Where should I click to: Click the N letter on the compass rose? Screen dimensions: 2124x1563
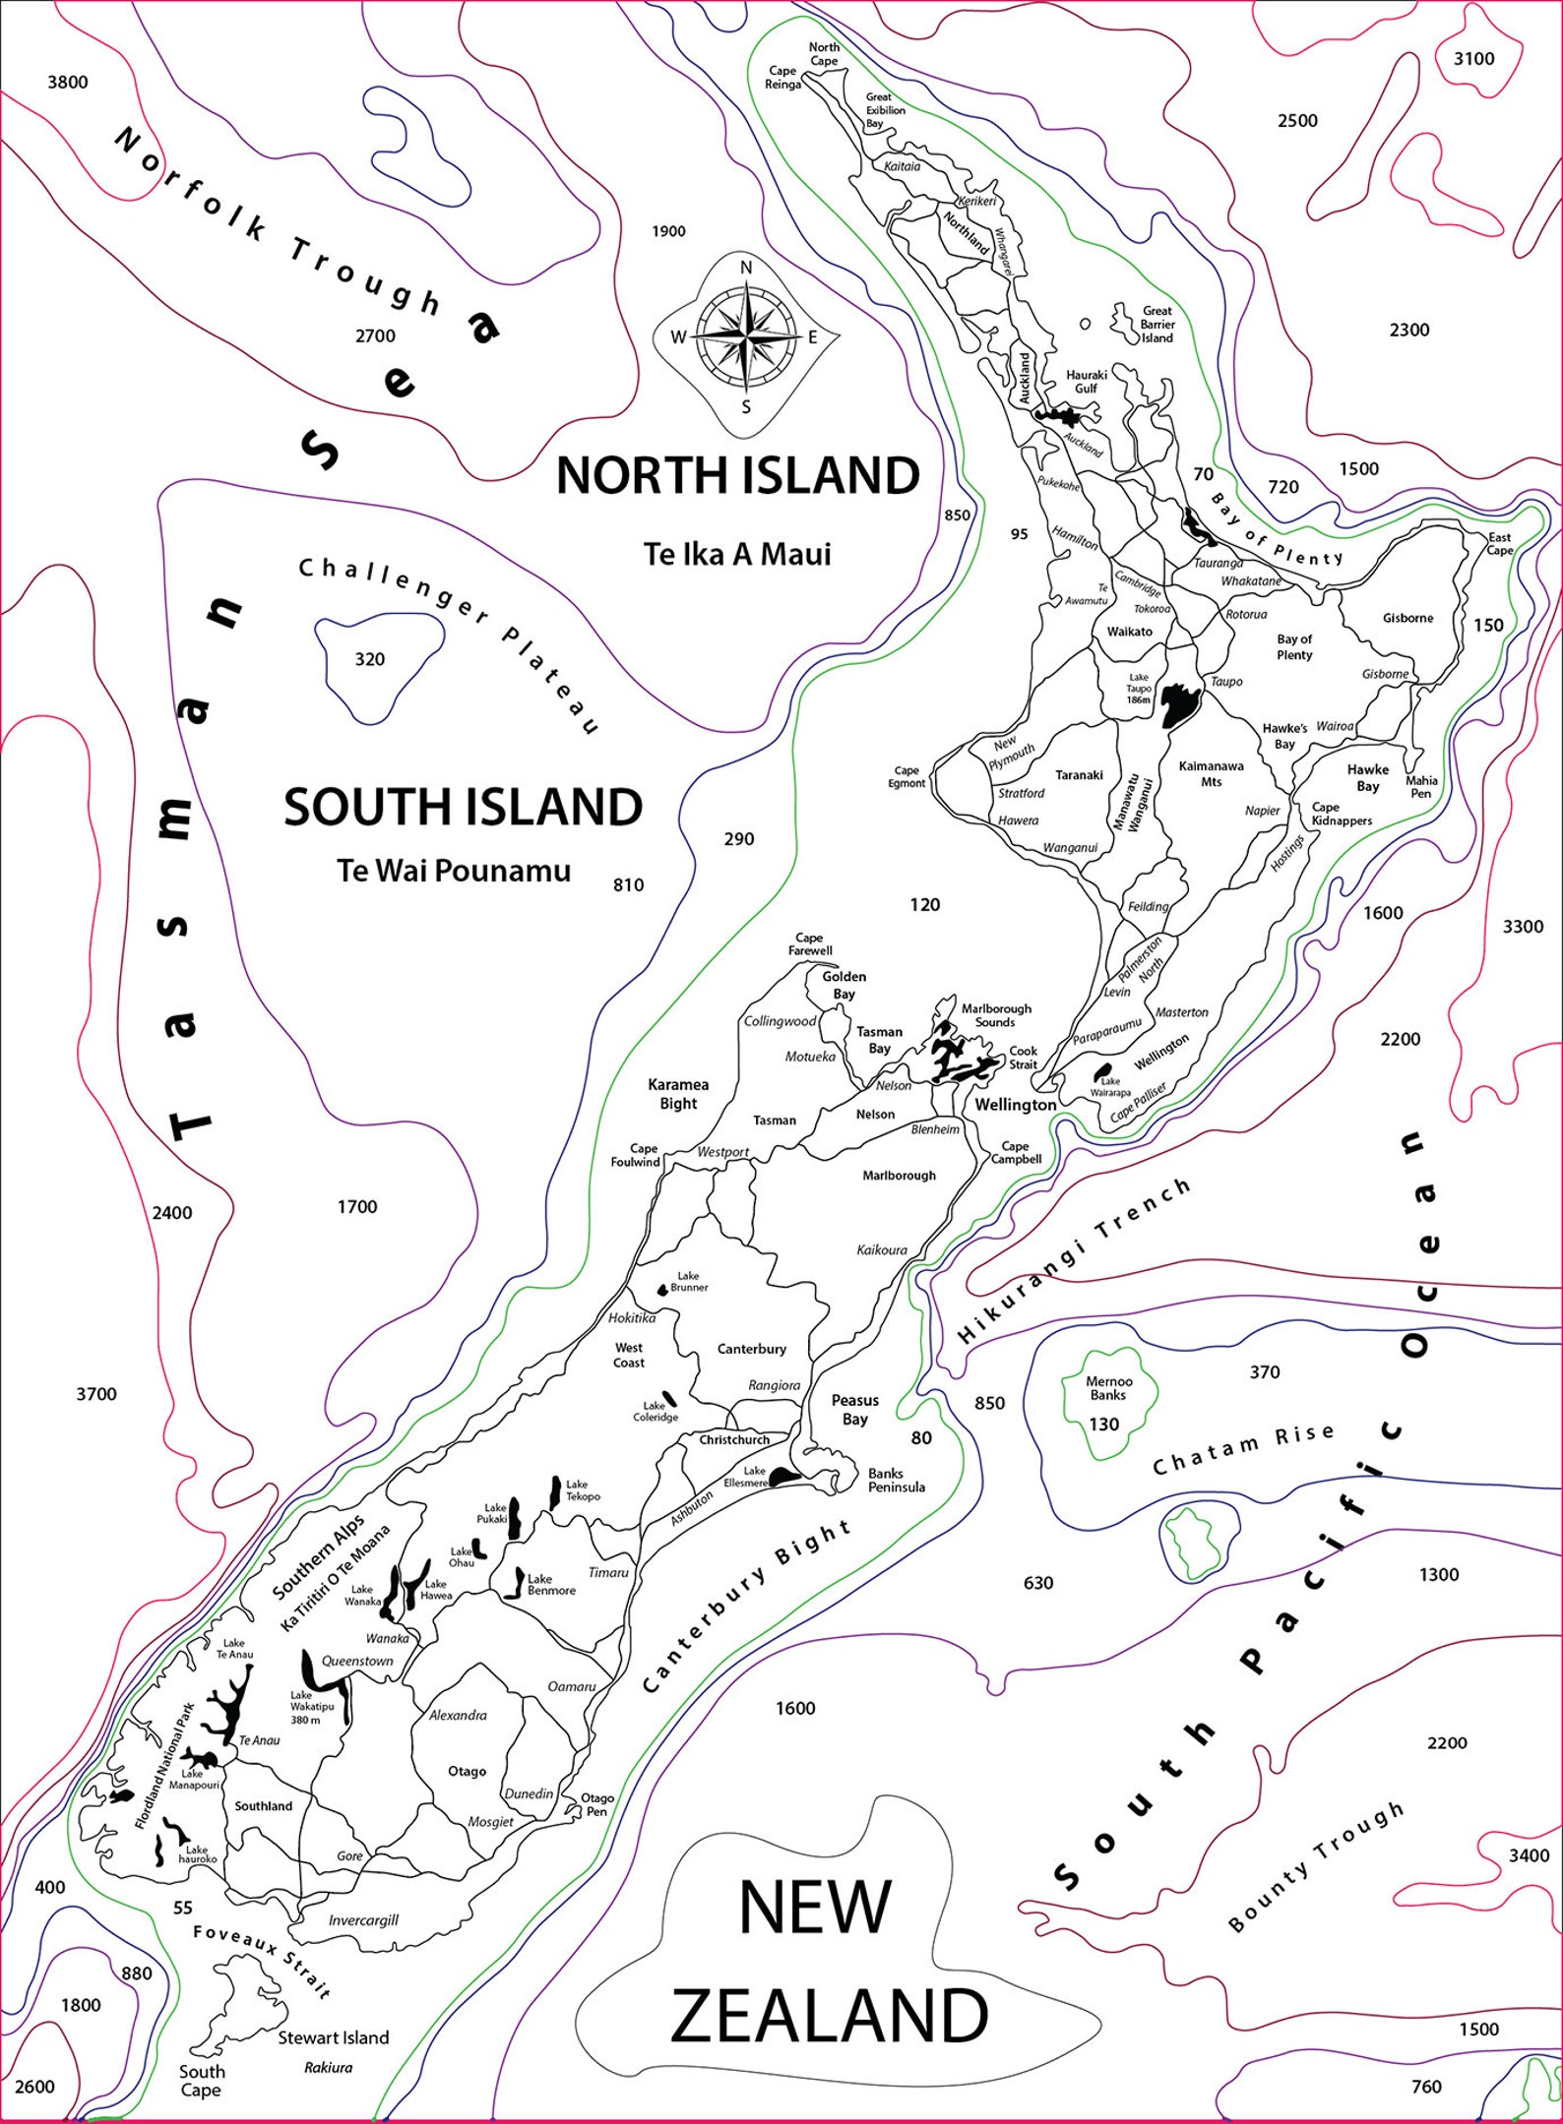[746, 268]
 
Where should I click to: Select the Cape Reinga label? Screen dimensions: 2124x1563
[782, 78]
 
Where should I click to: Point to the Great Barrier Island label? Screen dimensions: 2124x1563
[1157, 324]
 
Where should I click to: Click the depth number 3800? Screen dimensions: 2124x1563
[68, 83]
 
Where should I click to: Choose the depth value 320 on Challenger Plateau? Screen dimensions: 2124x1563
[370, 659]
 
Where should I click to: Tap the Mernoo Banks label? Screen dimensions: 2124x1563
[1108, 1388]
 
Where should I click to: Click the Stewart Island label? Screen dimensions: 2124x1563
[333, 2037]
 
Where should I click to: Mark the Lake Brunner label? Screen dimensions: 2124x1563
[688, 1281]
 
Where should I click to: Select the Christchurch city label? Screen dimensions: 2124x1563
[734, 1439]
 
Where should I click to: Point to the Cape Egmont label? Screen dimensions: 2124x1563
[907, 777]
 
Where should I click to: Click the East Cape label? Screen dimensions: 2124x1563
[1499, 543]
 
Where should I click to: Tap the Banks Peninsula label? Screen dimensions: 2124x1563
[896, 1480]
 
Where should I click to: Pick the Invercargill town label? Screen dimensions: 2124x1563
[363, 1919]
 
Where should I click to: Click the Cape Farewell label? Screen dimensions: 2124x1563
[809, 943]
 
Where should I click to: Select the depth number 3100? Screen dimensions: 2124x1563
[1473, 59]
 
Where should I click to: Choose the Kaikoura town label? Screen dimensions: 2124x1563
[882, 1250]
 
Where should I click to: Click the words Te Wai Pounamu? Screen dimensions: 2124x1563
[454, 871]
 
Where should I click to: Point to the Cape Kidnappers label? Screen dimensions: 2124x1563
[1342, 814]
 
